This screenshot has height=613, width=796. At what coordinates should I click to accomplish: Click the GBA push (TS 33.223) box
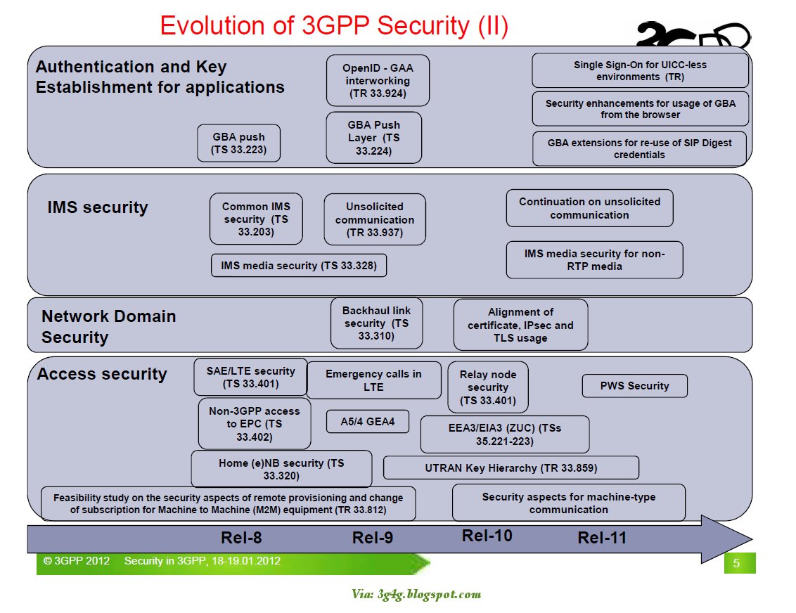[239, 143]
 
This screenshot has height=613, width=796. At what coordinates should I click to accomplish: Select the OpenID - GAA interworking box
[378, 81]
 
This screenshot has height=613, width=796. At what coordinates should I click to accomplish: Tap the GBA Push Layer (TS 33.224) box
[373, 138]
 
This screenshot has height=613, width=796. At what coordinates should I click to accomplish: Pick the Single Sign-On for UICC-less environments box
[640, 70]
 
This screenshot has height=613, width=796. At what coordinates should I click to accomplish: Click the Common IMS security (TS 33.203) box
[256, 219]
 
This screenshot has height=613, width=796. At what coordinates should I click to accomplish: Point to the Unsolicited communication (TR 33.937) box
[375, 219]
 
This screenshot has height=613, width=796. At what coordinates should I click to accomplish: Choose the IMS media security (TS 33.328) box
[299, 266]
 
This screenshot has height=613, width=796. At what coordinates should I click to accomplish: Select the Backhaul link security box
[376, 323]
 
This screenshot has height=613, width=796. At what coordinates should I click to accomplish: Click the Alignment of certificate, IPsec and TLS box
[520, 325]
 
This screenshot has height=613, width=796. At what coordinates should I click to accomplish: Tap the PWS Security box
[634, 385]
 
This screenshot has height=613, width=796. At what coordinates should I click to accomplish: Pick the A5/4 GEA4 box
[359, 422]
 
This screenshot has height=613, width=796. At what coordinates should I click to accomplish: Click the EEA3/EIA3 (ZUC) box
[504, 434]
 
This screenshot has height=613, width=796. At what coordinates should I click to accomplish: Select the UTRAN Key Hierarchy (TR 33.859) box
[511, 467]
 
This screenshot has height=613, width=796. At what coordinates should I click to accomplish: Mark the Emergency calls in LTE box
[373, 380]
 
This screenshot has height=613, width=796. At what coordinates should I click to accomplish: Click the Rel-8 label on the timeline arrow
[241, 538]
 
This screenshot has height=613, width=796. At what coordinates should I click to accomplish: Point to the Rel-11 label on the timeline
[601, 538]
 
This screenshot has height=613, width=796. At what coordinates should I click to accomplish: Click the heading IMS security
[98, 207]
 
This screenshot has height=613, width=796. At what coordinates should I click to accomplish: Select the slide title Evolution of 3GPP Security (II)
[334, 26]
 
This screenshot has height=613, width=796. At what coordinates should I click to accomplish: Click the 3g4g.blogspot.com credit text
[416, 594]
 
